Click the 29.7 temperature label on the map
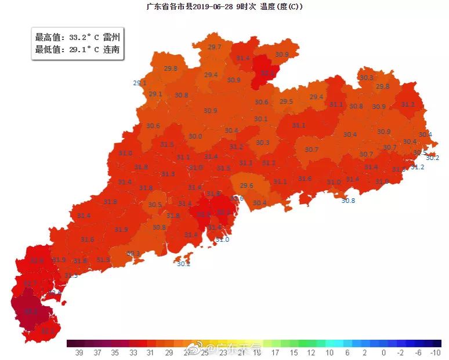(x=215, y=47)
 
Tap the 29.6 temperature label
(x=247, y=186)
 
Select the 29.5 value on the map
(x=286, y=101)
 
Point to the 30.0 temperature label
(x=195, y=136)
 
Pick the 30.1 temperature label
(x=260, y=119)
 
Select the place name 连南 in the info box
(x=111, y=50)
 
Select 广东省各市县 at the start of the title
(x=169, y=7)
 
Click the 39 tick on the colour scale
(x=78, y=352)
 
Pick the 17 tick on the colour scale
(x=275, y=352)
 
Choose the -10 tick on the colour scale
(x=436, y=352)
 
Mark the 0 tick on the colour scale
(x=383, y=352)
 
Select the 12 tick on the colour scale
(x=311, y=352)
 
